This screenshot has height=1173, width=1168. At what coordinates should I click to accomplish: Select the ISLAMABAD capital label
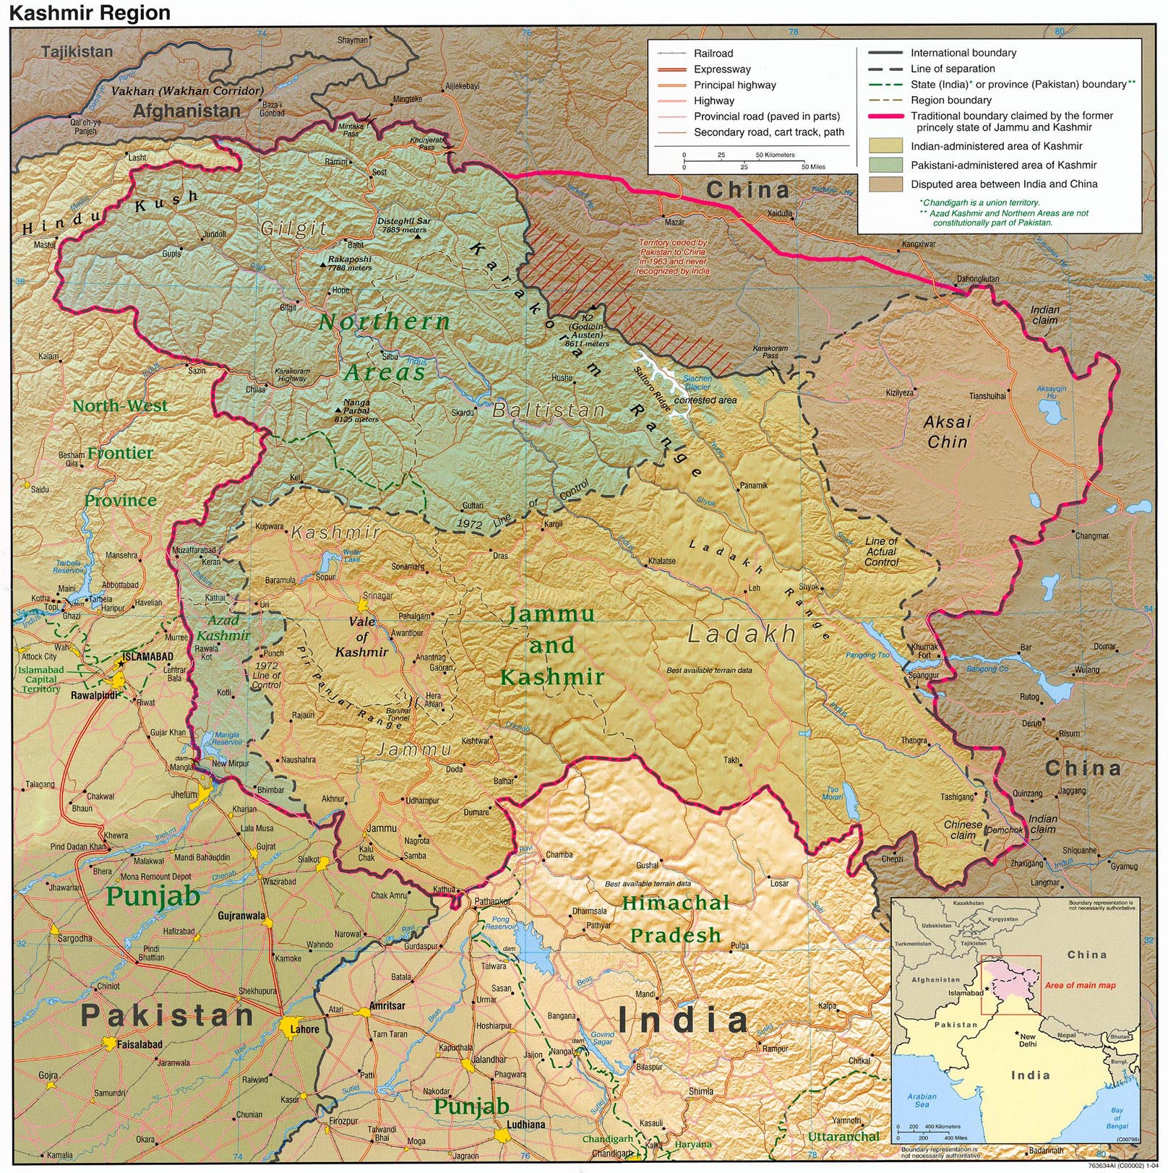147,656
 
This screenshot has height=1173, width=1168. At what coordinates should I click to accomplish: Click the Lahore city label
304,1029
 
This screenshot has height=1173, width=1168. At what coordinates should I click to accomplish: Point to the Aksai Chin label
948,431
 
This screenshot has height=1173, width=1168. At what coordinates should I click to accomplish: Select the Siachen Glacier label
697,382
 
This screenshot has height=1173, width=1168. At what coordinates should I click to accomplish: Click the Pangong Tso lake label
867,655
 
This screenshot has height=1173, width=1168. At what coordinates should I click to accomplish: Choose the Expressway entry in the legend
721,69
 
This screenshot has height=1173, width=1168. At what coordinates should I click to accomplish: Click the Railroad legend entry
713,53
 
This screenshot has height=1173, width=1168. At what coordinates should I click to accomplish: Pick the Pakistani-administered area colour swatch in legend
885,165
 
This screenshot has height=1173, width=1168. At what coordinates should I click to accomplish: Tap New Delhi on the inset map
1027,1040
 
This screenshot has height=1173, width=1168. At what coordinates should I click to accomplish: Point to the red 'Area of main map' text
1080,985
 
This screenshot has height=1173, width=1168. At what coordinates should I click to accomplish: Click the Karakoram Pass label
770,351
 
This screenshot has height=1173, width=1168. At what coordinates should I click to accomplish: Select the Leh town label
754,588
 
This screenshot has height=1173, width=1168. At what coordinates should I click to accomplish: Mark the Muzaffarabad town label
194,550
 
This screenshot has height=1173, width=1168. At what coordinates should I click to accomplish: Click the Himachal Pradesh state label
675,919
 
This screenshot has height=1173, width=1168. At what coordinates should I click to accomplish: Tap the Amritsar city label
387,1005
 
